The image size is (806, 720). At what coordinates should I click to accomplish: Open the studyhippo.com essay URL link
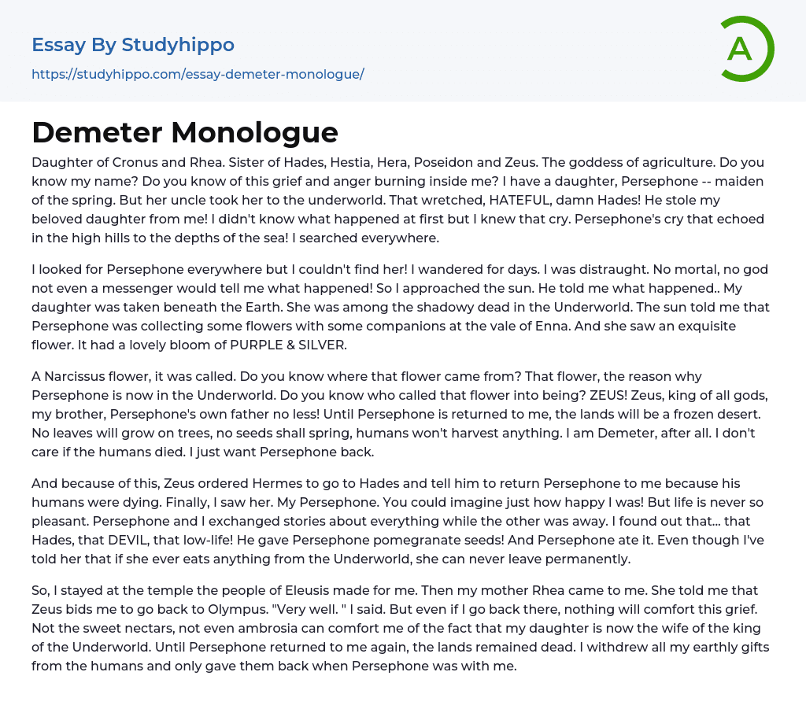coord(198,74)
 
